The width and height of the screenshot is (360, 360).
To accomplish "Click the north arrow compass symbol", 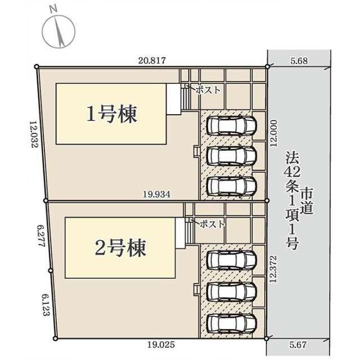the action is [x=58, y=31].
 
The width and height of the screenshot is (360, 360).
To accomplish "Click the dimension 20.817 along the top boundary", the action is [x=152, y=61].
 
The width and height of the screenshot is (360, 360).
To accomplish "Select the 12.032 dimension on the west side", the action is [x=34, y=134].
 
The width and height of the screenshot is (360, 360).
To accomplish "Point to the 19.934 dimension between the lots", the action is [x=157, y=195].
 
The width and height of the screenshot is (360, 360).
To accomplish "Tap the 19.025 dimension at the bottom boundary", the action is [x=161, y=345].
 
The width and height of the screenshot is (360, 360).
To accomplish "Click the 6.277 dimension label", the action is [x=41, y=236].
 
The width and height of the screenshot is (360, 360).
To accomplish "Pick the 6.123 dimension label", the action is [x=46, y=305].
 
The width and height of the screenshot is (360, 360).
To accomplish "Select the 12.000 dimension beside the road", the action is [x=273, y=133].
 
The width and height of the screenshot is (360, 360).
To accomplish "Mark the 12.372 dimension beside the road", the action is [x=273, y=269].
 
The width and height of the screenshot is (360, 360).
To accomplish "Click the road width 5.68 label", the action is [x=299, y=61].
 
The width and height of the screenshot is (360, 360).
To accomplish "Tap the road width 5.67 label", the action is [x=298, y=345].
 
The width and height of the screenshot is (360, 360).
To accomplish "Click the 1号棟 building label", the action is [x=111, y=114].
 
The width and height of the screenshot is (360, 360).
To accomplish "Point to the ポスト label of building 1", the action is [x=208, y=90].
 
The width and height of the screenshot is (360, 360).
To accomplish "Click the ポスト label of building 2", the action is [x=212, y=224].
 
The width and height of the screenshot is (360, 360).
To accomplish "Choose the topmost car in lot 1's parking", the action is [x=231, y=125].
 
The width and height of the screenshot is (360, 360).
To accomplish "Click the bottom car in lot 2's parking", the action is [x=231, y=323].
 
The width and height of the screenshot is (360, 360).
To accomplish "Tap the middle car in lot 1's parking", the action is [x=231, y=156].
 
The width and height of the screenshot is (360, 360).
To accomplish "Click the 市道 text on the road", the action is [x=307, y=201].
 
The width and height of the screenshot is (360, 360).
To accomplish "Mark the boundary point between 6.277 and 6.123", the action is [x=51, y=271].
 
